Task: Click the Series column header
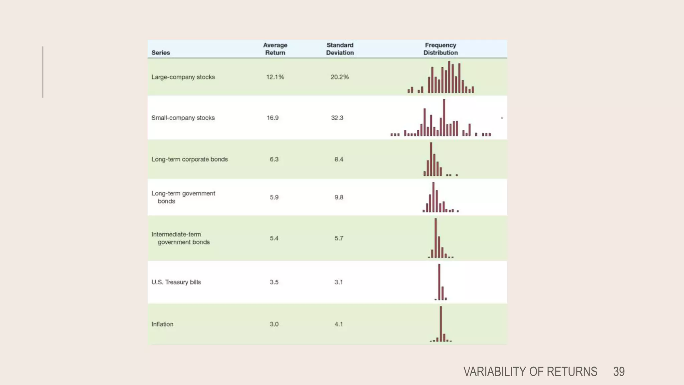point(161,52)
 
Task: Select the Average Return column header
point(275,49)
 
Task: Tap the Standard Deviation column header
point(340,49)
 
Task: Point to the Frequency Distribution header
point(440,49)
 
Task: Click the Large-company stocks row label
point(183,77)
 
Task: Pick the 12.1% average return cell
point(275,77)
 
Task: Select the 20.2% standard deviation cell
point(340,77)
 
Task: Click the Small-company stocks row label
point(183,118)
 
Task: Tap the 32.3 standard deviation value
point(337,118)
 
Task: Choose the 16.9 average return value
point(273,118)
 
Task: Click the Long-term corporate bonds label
point(189,159)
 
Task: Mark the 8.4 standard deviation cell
point(339,159)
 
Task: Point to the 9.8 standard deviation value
point(339,197)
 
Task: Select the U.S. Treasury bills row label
point(176,282)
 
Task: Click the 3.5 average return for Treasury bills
point(274,282)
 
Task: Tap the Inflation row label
point(162,324)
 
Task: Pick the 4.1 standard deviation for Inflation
point(339,324)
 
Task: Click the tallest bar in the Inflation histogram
point(441,324)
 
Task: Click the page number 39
point(619,372)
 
